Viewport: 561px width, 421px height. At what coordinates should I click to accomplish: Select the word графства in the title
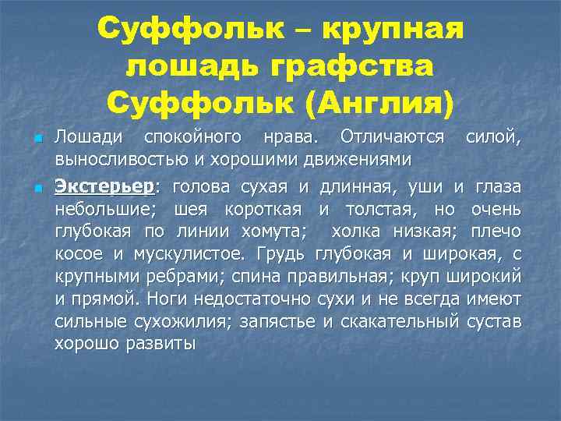click(x=359, y=66)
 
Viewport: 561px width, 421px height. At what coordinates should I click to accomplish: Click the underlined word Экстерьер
click(x=105, y=186)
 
